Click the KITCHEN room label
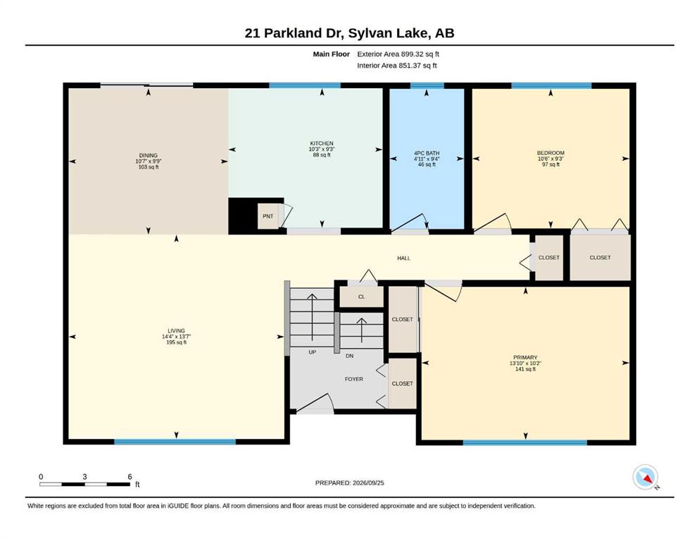[322, 143]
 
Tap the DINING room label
[148, 155]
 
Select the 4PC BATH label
[427, 153]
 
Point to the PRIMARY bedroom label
[525, 357]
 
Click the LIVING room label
[176, 331]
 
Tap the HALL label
[403, 258]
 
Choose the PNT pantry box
[268, 216]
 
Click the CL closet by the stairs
[362, 297]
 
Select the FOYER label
[354, 379]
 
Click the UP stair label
[312, 352]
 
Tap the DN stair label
[349, 356]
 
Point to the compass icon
[645, 477]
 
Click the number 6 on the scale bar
[130, 477]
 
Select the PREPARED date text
[349, 483]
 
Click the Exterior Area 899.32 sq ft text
[398, 54]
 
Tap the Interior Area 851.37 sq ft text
[397, 66]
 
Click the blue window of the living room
[175, 442]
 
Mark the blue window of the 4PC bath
[427, 86]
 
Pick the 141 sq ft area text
[525, 369]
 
